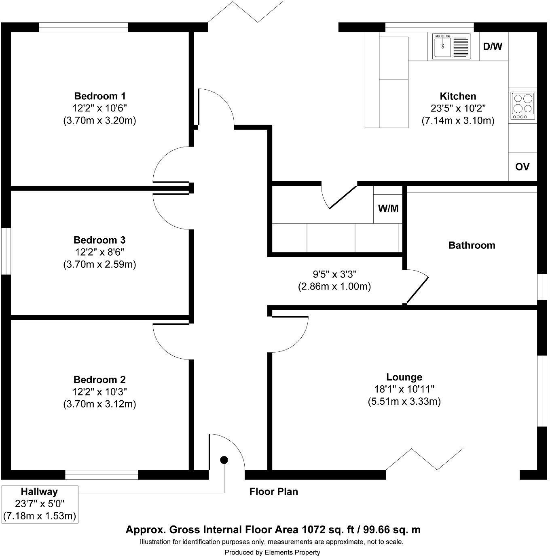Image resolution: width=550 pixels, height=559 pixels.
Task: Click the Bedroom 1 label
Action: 99,96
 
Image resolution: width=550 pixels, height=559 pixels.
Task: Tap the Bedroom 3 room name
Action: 99,240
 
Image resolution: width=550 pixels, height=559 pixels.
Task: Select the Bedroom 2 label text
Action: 99,380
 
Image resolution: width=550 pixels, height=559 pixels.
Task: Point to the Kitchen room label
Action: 458,96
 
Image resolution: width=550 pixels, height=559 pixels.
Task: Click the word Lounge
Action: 404,377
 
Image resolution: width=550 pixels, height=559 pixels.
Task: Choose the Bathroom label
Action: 472,245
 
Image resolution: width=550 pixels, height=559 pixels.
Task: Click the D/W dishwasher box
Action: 493,46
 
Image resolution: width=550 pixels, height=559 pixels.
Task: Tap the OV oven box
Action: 522,166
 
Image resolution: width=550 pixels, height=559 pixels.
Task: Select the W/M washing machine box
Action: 388,208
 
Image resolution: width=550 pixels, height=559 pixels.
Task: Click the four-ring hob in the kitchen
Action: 522,104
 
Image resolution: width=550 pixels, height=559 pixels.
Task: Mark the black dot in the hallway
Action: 224,460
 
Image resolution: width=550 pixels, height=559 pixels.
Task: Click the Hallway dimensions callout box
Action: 40,504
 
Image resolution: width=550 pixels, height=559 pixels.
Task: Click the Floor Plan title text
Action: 273,492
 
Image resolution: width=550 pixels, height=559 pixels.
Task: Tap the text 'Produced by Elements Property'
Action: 272,552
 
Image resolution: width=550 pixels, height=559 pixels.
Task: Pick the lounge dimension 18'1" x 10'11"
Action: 404,389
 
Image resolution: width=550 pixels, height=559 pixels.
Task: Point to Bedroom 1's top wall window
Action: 83,27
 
